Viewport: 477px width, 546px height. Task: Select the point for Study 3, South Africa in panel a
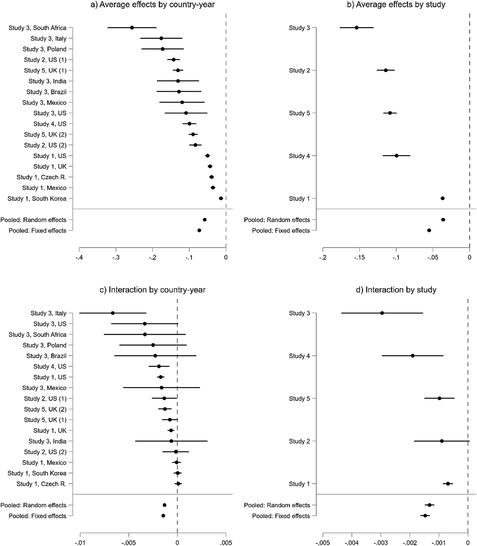[x=132, y=28]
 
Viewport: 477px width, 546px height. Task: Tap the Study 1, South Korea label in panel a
[x=37, y=199]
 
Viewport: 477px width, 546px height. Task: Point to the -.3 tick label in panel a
[x=116, y=258]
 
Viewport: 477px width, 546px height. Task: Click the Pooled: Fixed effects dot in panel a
[x=199, y=231]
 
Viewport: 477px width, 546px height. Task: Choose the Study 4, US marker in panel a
[x=189, y=124]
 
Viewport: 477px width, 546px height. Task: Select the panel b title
[x=396, y=4]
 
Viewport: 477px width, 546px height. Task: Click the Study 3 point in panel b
[x=357, y=28]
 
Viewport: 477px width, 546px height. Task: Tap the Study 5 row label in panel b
[x=299, y=113]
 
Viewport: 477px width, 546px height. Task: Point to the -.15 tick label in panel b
[x=359, y=258]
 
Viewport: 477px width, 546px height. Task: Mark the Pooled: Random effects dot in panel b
[x=443, y=220]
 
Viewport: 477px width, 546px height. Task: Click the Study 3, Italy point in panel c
[x=113, y=313]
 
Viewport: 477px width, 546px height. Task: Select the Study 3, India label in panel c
[x=48, y=441]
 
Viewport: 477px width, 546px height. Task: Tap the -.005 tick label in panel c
[x=128, y=543]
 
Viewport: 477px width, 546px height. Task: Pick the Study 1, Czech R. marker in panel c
[x=178, y=484]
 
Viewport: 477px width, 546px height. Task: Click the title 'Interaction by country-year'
[x=157, y=290]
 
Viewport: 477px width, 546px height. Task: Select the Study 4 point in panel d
[x=413, y=356]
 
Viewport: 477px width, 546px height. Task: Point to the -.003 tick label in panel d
[x=381, y=543]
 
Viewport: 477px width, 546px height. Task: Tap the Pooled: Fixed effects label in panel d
[x=281, y=516]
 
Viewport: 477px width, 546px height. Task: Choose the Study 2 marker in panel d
[x=442, y=441]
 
